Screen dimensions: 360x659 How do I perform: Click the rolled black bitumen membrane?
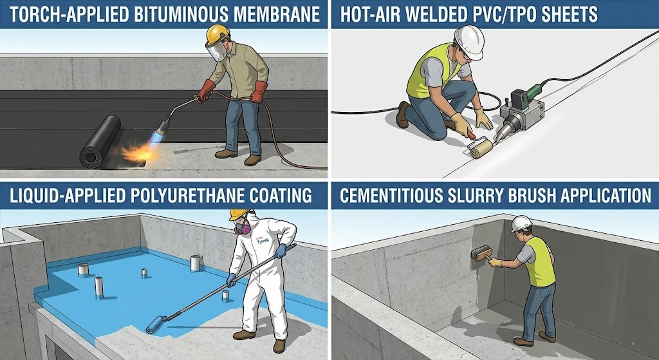pyautogui.click(x=100, y=143)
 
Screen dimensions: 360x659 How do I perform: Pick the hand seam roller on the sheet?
pyautogui.click(x=480, y=149)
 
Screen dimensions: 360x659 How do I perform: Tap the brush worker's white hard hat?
pyautogui.click(x=520, y=223)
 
